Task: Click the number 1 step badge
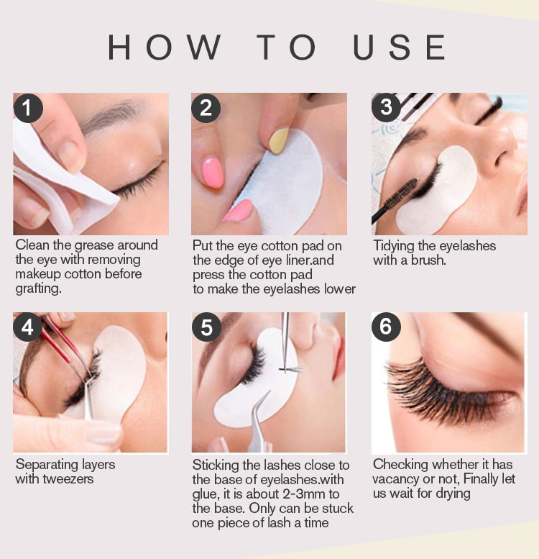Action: [x=28, y=108]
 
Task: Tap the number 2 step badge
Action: [x=206, y=108]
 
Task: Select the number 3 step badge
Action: [x=386, y=107]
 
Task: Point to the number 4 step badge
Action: [x=28, y=327]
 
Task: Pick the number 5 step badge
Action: [x=206, y=327]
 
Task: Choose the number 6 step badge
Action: [x=386, y=327]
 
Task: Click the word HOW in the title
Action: [x=164, y=47]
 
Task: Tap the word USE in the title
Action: [x=399, y=47]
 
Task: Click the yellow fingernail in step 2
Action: [x=279, y=141]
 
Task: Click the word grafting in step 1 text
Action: [x=38, y=288]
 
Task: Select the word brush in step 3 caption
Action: [x=428, y=260]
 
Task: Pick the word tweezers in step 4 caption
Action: [x=68, y=479]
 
